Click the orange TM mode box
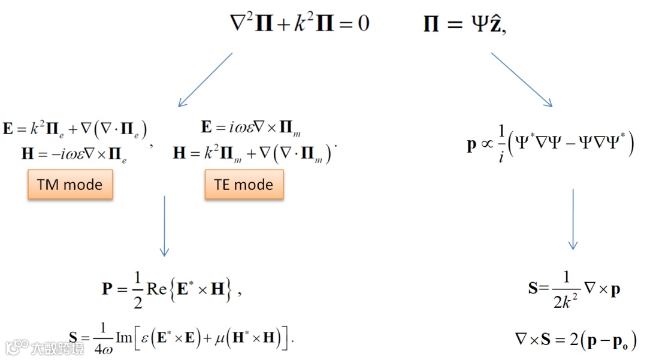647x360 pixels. click(69, 184)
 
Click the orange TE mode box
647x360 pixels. click(244, 184)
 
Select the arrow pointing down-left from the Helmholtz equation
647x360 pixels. click(205, 80)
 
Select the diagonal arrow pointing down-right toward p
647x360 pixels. click(521, 80)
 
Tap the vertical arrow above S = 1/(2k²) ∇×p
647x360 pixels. click(573, 219)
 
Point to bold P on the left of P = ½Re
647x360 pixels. click(107, 291)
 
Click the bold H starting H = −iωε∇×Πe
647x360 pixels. click(28, 154)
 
